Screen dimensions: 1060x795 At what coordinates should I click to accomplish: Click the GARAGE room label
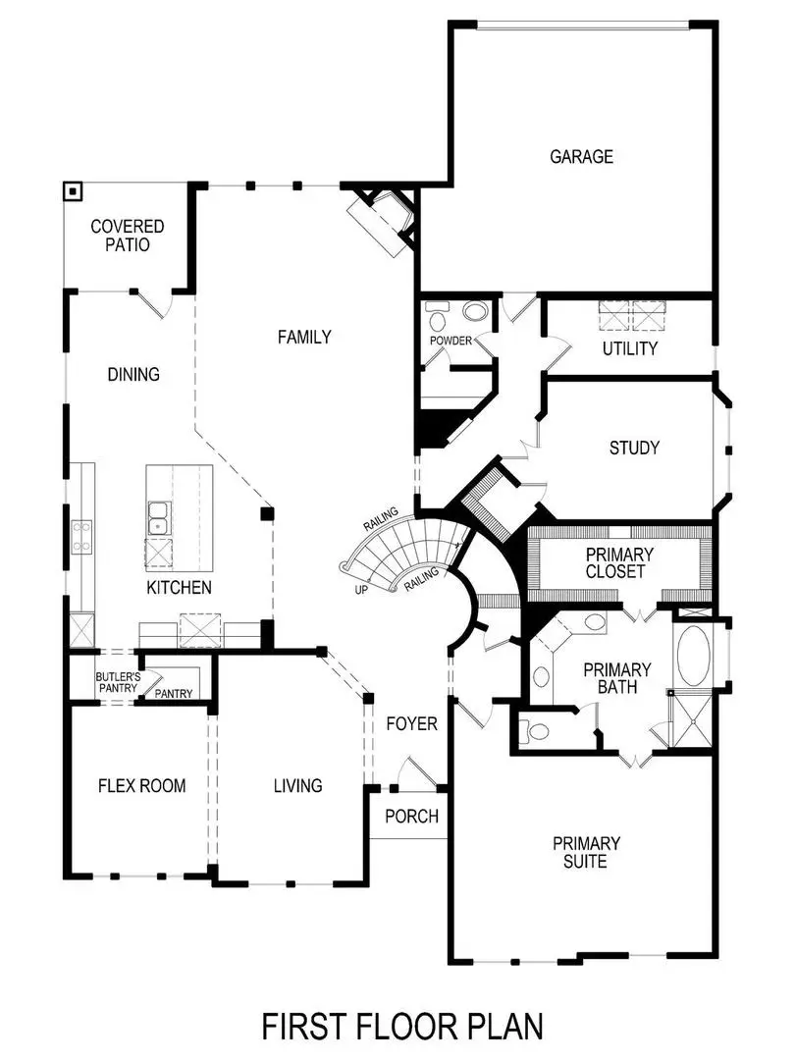pyautogui.click(x=581, y=156)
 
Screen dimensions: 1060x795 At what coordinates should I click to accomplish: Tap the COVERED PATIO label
pyautogui.click(x=128, y=236)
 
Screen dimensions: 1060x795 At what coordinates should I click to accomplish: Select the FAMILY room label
pyautogui.click(x=304, y=337)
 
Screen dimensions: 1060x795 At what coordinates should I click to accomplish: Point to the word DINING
pyautogui.click(x=133, y=374)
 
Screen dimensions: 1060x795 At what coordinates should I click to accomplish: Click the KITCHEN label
pyautogui.click(x=179, y=588)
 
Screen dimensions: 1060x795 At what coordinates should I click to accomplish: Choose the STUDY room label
pyautogui.click(x=634, y=448)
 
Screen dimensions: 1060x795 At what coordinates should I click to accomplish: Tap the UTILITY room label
pyautogui.click(x=630, y=348)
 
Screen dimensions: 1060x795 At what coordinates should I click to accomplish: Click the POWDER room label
pyautogui.click(x=451, y=341)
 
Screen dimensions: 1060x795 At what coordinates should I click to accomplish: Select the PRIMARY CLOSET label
pyautogui.click(x=619, y=562)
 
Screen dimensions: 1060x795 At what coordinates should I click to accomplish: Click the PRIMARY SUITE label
pyautogui.click(x=586, y=852)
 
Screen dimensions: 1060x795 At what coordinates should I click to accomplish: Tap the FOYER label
pyautogui.click(x=411, y=724)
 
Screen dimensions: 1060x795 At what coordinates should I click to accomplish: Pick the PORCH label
pyautogui.click(x=411, y=816)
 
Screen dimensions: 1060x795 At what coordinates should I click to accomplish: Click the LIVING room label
pyautogui.click(x=297, y=785)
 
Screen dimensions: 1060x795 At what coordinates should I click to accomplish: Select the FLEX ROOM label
pyautogui.click(x=141, y=785)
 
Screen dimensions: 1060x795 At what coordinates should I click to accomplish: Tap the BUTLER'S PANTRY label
pyautogui.click(x=117, y=682)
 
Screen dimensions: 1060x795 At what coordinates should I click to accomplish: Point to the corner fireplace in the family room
pyautogui.click(x=386, y=221)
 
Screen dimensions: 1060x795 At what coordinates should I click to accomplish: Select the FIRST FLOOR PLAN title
pyautogui.click(x=401, y=1026)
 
